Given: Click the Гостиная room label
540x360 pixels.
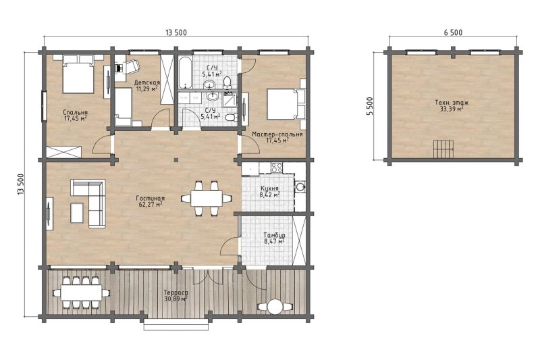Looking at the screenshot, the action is (x=150, y=199).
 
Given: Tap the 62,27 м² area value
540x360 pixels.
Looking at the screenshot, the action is (x=150, y=204).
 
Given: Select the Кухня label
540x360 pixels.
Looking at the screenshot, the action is (x=269, y=189).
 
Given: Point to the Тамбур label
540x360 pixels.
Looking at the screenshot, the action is (x=274, y=235).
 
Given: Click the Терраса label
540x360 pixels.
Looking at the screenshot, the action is (x=176, y=293).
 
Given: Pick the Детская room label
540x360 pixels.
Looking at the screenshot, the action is (x=147, y=82).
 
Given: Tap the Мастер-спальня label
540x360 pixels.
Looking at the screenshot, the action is (x=277, y=134).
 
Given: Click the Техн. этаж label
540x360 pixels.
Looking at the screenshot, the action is (x=452, y=103).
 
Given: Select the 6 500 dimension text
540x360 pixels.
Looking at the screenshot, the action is (x=453, y=32).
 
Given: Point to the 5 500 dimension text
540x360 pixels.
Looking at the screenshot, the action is (x=370, y=106).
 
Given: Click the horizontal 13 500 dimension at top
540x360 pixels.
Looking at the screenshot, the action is (x=176, y=32).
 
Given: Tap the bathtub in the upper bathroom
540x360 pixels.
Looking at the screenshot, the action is (x=184, y=74).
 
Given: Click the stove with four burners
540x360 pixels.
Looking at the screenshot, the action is (x=277, y=168).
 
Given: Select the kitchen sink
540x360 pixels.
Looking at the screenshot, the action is (x=300, y=187).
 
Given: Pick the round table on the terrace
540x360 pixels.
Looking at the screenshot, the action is (x=275, y=306).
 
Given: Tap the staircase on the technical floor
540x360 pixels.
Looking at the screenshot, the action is (x=443, y=149).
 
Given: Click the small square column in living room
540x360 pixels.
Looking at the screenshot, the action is (x=176, y=159).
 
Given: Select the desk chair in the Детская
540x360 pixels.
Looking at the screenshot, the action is (x=131, y=66).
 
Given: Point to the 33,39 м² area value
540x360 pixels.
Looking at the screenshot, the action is (x=452, y=109).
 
